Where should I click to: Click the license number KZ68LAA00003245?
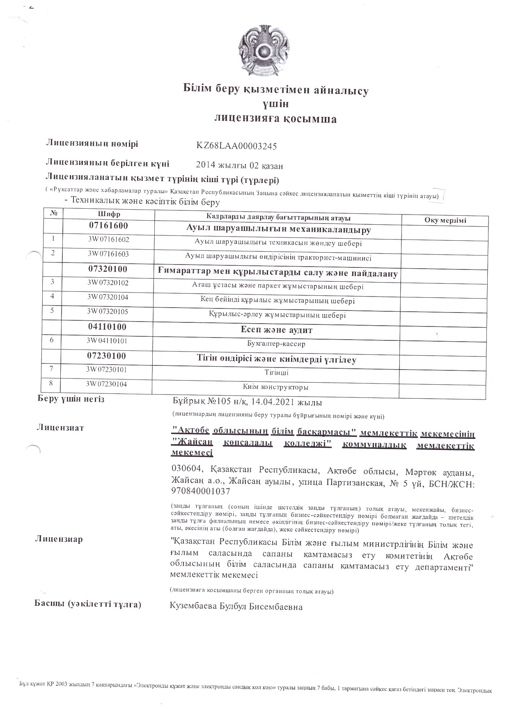[237, 146]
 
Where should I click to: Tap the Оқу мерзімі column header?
[445, 220]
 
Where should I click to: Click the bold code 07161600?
[109, 225]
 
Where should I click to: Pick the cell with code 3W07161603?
[108, 254]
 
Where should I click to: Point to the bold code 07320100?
[108, 269]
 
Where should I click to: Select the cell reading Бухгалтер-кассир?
[277, 344]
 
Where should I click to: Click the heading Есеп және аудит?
[277, 330]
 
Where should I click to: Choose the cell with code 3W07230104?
[106, 384]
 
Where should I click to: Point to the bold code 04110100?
[107, 327]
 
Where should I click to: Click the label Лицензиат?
[61, 428]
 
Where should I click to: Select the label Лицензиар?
[60, 539]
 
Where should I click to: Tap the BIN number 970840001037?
[200, 491]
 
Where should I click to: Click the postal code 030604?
[187, 469]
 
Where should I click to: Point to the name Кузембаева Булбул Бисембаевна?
[236, 607]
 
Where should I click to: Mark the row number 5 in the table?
[52, 310]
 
